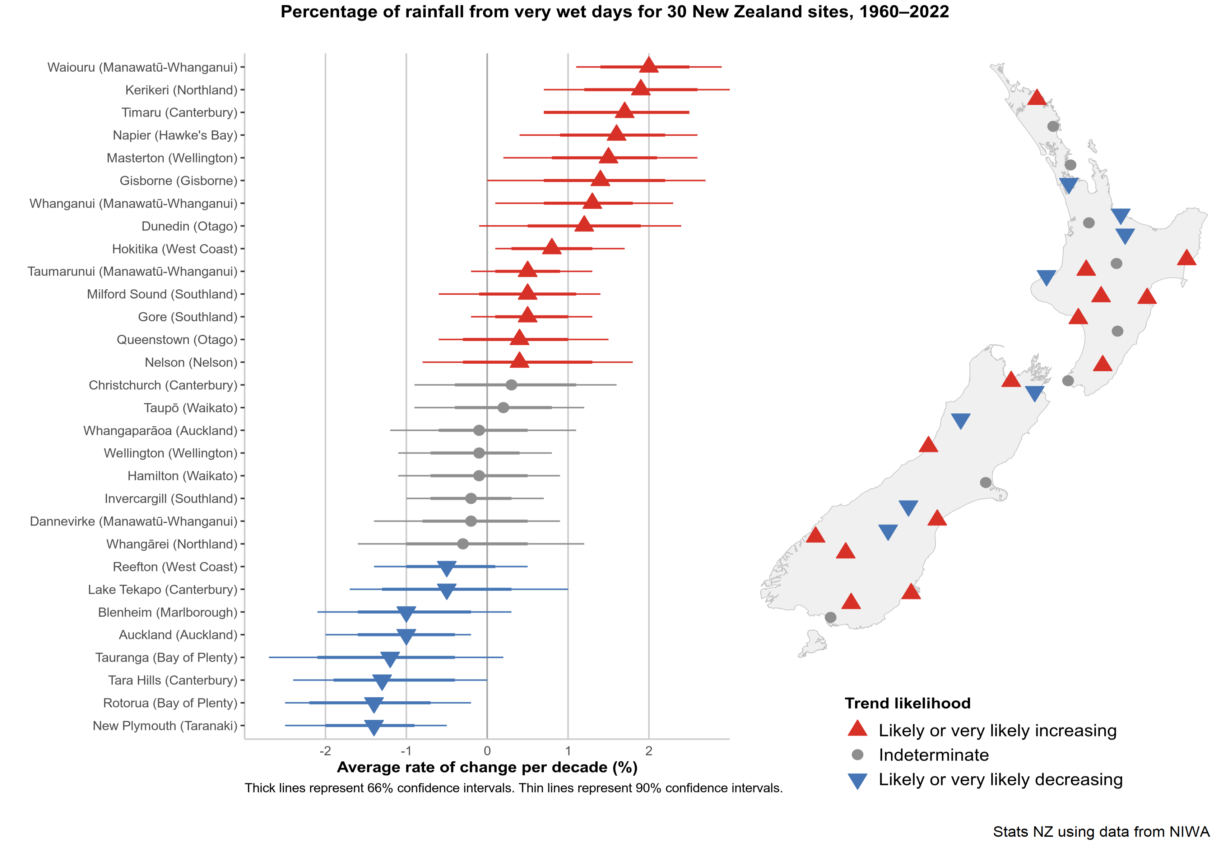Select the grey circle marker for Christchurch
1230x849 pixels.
(x=511, y=385)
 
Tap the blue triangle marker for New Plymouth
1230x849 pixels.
(x=374, y=727)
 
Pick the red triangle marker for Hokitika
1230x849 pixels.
(x=552, y=247)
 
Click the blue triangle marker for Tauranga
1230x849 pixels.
(x=390, y=658)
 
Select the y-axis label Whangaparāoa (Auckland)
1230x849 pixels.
(x=160, y=430)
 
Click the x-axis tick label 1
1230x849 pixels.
(x=568, y=751)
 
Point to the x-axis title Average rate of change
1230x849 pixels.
(x=487, y=767)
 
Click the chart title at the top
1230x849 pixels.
(x=614, y=12)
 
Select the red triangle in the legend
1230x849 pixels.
(x=857, y=729)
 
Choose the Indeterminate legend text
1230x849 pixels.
(x=933, y=755)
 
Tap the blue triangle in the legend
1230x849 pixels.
(x=857, y=780)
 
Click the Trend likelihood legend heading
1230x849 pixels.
(x=908, y=703)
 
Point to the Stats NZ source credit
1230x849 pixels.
(x=1101, y=831)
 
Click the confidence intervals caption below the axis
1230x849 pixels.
(x=514, y=788)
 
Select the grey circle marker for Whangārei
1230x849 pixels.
(x=463, y=544)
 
